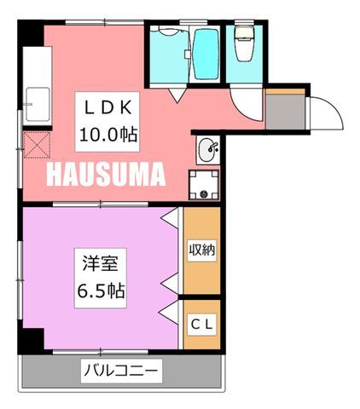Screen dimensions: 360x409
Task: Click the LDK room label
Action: pyautogui.click(x=107, y=107)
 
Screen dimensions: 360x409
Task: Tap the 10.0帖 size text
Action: pyautogui.click(x=108, y=135)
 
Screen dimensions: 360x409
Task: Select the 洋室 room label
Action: pyautogui.click(x=101, y=263)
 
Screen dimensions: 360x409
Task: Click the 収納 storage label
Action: pyautogui.click(x=202, y=250)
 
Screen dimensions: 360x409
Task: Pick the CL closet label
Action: pyautogui.click(x=202, y=324)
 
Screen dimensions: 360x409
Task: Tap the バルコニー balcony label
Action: pyautogui.click(x=121, y=371)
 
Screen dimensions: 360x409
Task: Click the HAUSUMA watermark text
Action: pyautogui.click(x=106, y=174)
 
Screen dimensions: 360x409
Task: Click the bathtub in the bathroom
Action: pyautogui.click(x=206, y=54)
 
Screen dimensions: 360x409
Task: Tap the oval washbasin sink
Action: pyautogui.click(x=207, y=150)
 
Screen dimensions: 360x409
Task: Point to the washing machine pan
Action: pyautogui.click(x=204, y=185)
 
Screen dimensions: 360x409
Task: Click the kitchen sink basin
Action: pyautogui.click(x=38, y=105)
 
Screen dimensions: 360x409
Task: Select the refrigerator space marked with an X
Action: pyautogui.click(x=37, y=145)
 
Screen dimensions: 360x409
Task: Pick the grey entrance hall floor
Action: pyautogui.click(x=285, y=112)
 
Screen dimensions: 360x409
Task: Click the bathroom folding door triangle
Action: pyautogui.click(x=177, y=95)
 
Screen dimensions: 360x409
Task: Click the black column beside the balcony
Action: pyautogui.click(x=31, y=341)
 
